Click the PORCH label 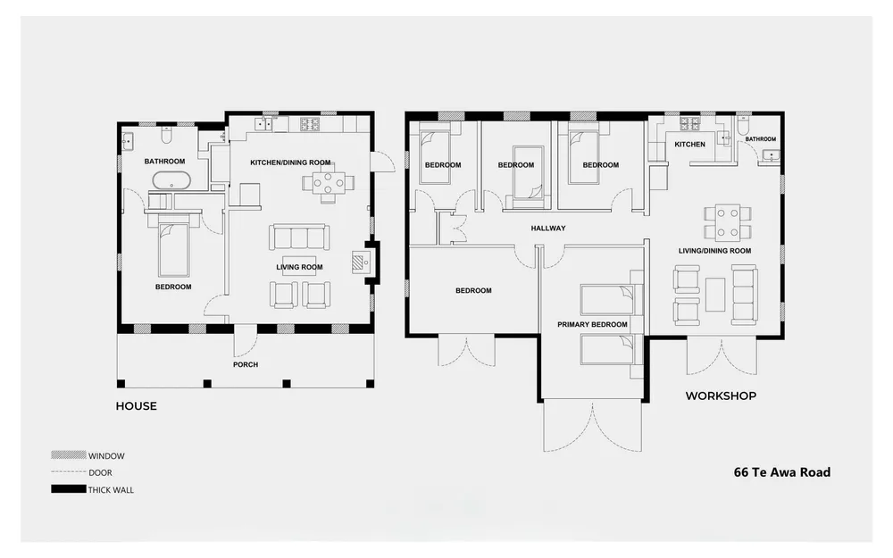(x=246, y=364)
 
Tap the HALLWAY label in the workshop (x=548, y=229)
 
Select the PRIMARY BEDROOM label (x=592, y=325)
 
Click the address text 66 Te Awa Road (x=782, y=472)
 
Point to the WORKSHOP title (x=721, y=396)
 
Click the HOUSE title (x=136, y=406)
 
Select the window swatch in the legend (x=69, y=455)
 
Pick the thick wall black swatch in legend (x=69, y=488)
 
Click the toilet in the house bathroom (x=166, y=135)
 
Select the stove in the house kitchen (x=310, y=124)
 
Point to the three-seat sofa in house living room (x=299, y=237)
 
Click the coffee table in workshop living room (x=715, y=295)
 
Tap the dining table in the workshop (x=727, y=222)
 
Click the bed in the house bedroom (x=173, y=249)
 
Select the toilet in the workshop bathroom (x=745, y=124)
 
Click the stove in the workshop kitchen (x=689, y=123)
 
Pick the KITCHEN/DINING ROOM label (x=290, y=162)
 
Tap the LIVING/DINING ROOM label (x=714, y=251)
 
